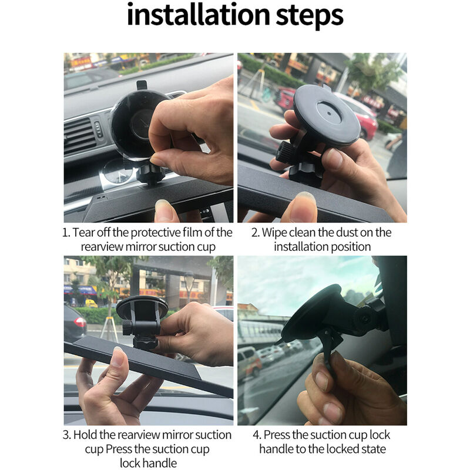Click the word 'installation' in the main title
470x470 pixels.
point(199,15)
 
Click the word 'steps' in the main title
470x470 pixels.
point(310,16)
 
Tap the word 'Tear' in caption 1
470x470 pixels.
point(83,232)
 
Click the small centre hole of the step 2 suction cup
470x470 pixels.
point(329,113)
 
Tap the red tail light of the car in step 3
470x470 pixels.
point(80,322)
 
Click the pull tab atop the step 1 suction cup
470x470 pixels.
point(142,85)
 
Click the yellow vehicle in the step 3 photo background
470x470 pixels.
point(91,303)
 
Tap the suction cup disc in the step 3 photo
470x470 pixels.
point(142,307)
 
